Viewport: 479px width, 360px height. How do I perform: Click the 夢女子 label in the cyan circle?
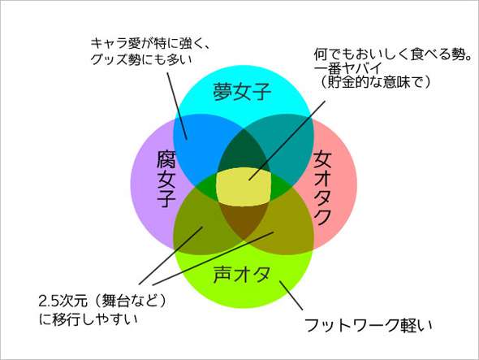tap(242, 92)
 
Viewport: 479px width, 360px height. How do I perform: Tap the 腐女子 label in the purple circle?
tap(166, 180)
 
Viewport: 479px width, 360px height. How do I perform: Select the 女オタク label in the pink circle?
tap(322, 188)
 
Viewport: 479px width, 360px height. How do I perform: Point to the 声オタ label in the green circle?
tap(242, 274)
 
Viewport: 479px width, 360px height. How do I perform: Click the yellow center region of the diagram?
tap(244, 187)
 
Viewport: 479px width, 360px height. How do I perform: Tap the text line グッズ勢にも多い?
tap(141, 59)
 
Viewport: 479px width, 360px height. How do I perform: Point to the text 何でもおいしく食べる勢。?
tap(393, 54)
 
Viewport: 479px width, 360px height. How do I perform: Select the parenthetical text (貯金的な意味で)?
tap(375, 81)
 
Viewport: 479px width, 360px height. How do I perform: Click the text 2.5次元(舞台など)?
tap(103, 301)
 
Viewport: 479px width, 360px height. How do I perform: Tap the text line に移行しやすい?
tap(88, 319)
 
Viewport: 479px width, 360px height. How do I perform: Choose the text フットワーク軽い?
tap(369, 325)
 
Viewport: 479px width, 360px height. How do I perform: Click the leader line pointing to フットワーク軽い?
tap(291, 296)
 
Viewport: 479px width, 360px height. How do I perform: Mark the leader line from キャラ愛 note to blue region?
tap(177, 106)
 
